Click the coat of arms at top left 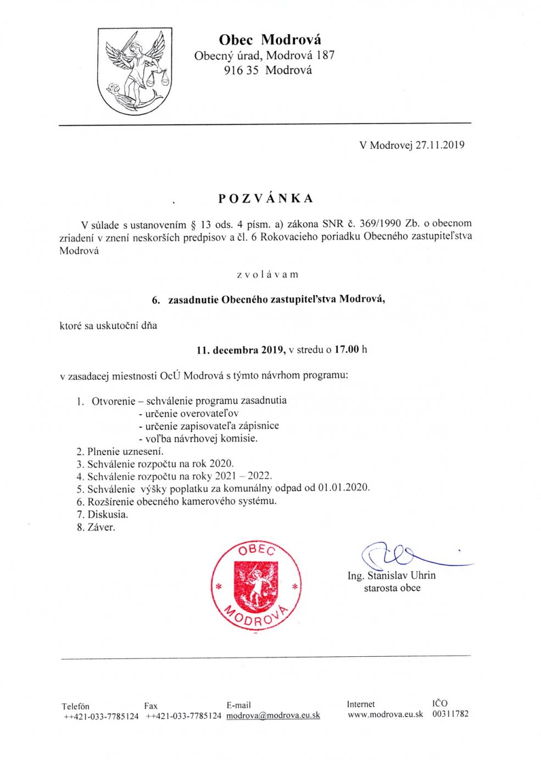(135, 71)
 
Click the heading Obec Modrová (270, 40)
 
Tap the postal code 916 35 (241, 70)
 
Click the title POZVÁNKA (266, 198)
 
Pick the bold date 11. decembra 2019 (241, 349)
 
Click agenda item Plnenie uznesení (125, 451)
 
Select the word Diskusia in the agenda (107, 515)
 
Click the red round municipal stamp (256, 585)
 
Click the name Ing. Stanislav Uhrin (391, 576)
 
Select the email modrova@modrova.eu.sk (273, 716)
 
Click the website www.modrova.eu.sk (385, 714)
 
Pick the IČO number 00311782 (450, 714)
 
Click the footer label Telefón (75, 706)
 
